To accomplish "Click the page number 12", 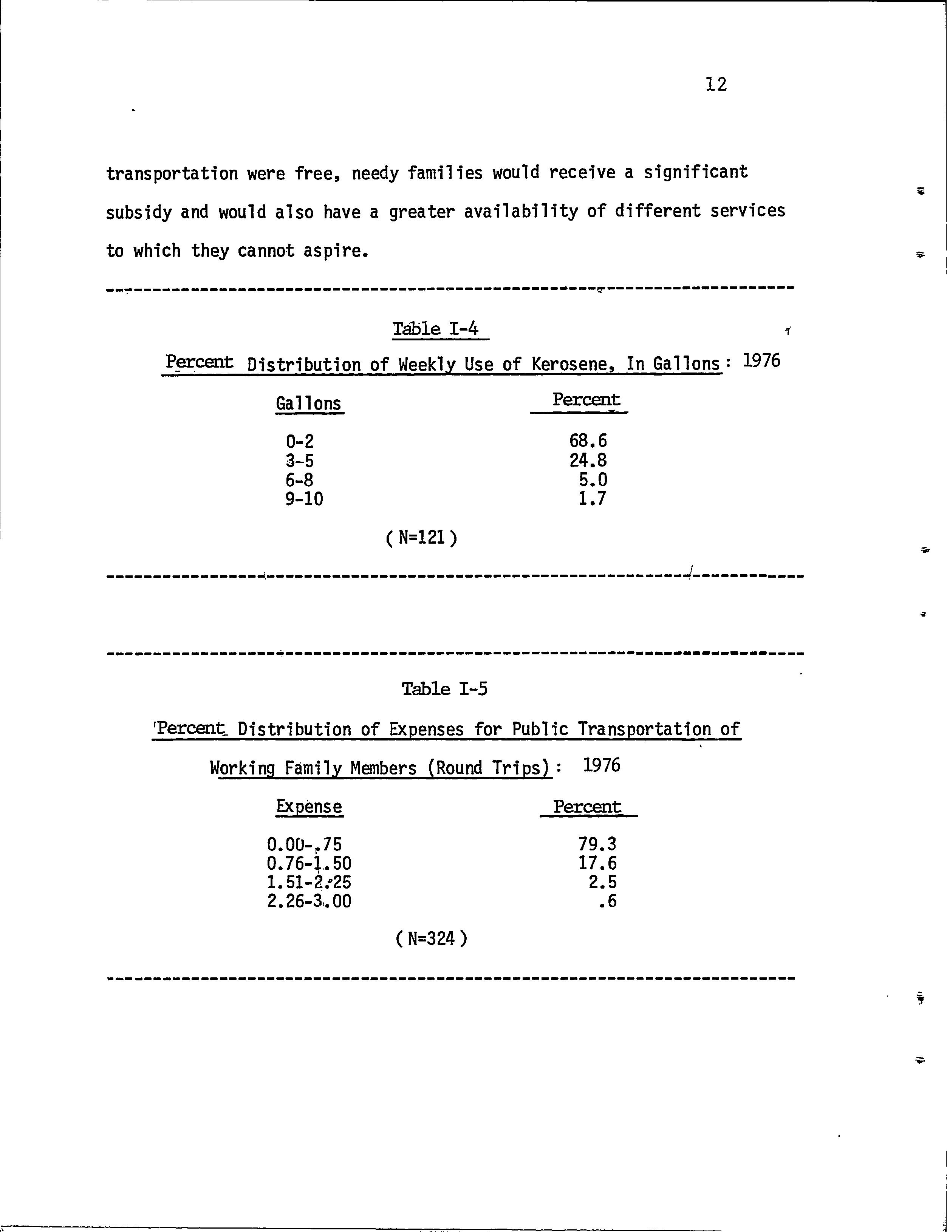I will pyautogui.click(x=716, y=85).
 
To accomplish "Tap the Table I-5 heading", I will pyautogui.click(x=444, y=689).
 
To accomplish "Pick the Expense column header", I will pyautogui.click(x=309, y=807).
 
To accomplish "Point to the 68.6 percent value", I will pyautogui.click(x=588, y=441).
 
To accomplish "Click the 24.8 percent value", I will pyautogui.click(x=588, y=461).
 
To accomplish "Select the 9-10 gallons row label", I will pyautogui.click(x=305, y=499).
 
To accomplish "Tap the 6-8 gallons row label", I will pyautogui.click(x=299, y=480).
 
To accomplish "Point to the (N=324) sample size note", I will pyautogui.click(x=431, y=938).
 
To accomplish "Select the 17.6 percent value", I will pyautogui.click(x=597, y=863).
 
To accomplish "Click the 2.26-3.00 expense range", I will pyautogui.click(x=309, y=901).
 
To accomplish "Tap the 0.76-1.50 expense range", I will pyautogui.click(x=309, y=863).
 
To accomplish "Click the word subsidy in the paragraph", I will pyautogui.click(x=139, y=212).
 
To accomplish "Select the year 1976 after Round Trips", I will pyautogui.click(x=602, y=765).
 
